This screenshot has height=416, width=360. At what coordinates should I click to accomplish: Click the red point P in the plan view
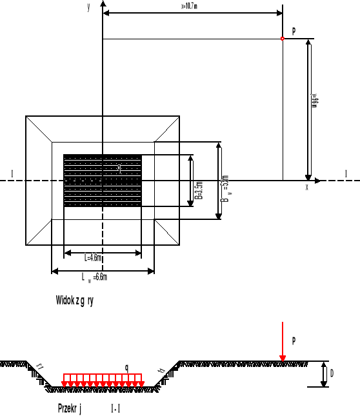coord(282,39)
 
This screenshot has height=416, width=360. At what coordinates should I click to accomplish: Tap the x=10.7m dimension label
coord(193,6)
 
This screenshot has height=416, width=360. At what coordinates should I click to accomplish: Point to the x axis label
coord(306,187)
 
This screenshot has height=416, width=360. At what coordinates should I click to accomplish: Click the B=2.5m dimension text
coord(199,191)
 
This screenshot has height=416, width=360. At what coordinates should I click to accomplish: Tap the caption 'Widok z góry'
coord(75,301)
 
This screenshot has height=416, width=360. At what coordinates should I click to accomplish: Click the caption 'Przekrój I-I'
coord(90,408)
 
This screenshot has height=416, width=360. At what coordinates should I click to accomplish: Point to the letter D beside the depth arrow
coord(332,373)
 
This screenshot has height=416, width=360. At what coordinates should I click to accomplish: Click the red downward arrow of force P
coord(282,342)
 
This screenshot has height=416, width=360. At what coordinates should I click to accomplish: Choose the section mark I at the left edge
coord(12,172)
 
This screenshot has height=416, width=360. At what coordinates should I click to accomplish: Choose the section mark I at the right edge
coord(346,173)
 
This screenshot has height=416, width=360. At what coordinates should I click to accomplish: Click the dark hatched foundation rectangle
coord(102,181)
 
